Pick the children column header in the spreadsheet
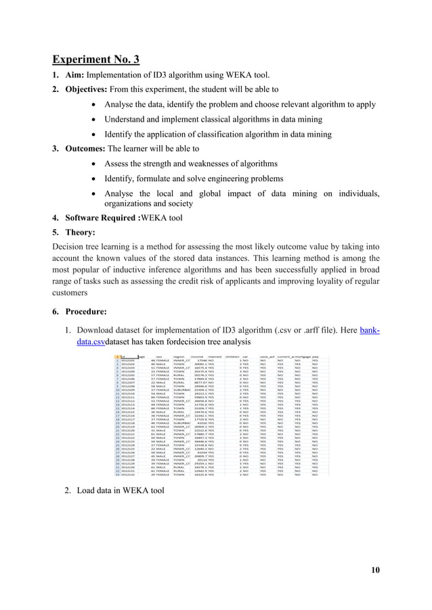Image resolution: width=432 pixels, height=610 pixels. pyautogui.click(x=232, y=356)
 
